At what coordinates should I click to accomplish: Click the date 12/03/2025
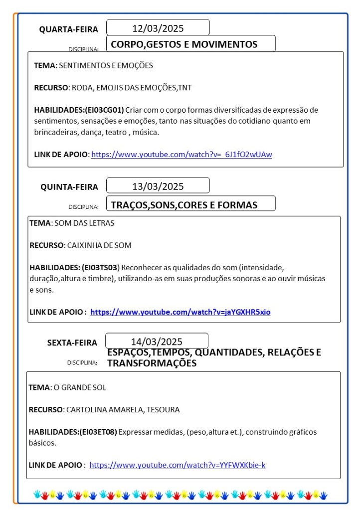[x=158, y=28]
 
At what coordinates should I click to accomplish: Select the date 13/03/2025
[x=158, y=186]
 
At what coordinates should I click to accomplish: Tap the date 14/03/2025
[x=157, y=341]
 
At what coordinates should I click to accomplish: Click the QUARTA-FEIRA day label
[x=69, y=29]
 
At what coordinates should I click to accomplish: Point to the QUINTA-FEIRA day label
[x=69, y=187]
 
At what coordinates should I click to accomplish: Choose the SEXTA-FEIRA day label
[x=73, y=342]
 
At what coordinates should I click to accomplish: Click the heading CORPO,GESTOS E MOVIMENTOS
[x=184, y=44]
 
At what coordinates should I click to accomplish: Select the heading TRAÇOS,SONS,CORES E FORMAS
[x=184, y=205]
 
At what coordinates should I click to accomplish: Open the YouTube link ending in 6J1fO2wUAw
[x=181, y=155]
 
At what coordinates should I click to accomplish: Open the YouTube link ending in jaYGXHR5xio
[x=180, y=312]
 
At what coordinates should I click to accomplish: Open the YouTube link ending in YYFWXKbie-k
[x=178, y=465]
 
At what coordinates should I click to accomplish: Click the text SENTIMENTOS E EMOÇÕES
[x=106, y=65]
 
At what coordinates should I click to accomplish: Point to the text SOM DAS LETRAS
[x=84, y=223]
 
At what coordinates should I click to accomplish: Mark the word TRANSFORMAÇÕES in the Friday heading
[x=152, y=363]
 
